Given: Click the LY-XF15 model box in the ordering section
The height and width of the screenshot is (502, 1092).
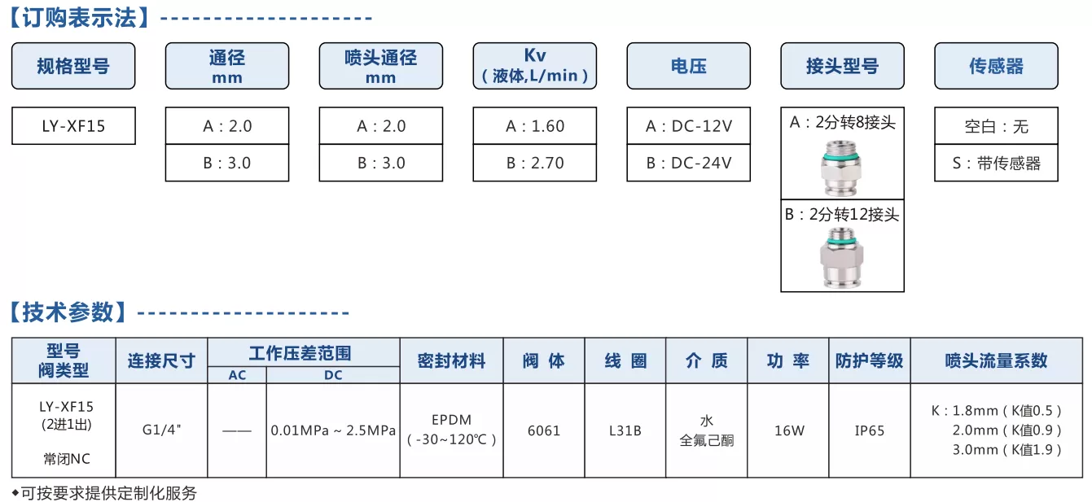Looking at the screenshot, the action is click(73, 125).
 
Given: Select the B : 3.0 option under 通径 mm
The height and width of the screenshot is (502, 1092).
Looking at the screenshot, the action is click(227, 163).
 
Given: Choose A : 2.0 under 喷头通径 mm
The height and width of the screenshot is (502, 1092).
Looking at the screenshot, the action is click(381, 125).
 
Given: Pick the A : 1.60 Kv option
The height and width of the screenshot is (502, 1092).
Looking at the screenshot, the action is click(535, 125).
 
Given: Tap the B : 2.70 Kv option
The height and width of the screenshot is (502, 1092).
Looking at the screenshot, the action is click(535, 163).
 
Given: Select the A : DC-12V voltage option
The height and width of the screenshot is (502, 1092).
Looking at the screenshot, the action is click(688, 125).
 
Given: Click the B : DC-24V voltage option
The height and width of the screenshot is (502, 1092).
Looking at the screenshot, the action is click(688, 163).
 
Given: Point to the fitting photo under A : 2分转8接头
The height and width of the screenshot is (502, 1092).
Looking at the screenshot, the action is click(841, 167).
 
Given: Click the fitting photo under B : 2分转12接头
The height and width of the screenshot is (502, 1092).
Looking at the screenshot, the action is click(841, 258).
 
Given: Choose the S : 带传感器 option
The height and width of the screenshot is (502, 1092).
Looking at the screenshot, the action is click(997, 163).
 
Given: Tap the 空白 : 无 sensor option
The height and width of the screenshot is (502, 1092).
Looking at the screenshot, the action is click(997, 125).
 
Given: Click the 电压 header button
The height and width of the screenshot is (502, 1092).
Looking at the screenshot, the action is click(688, 66).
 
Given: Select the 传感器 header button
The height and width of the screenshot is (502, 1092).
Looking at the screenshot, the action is click(997, 66).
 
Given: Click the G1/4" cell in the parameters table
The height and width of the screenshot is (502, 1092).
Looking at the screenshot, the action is click(161, 430).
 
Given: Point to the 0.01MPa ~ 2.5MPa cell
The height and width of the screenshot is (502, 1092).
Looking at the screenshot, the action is click(333, 430).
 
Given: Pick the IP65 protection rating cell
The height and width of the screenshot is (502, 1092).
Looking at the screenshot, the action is click(869, 430).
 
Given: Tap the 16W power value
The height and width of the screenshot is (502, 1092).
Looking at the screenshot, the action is click(789, 430).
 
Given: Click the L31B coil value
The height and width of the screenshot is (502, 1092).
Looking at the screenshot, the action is click(625, 430).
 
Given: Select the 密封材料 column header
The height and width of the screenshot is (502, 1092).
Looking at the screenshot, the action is click(451, 360).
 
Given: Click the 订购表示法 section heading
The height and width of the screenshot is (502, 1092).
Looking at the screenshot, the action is click(80, 18).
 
